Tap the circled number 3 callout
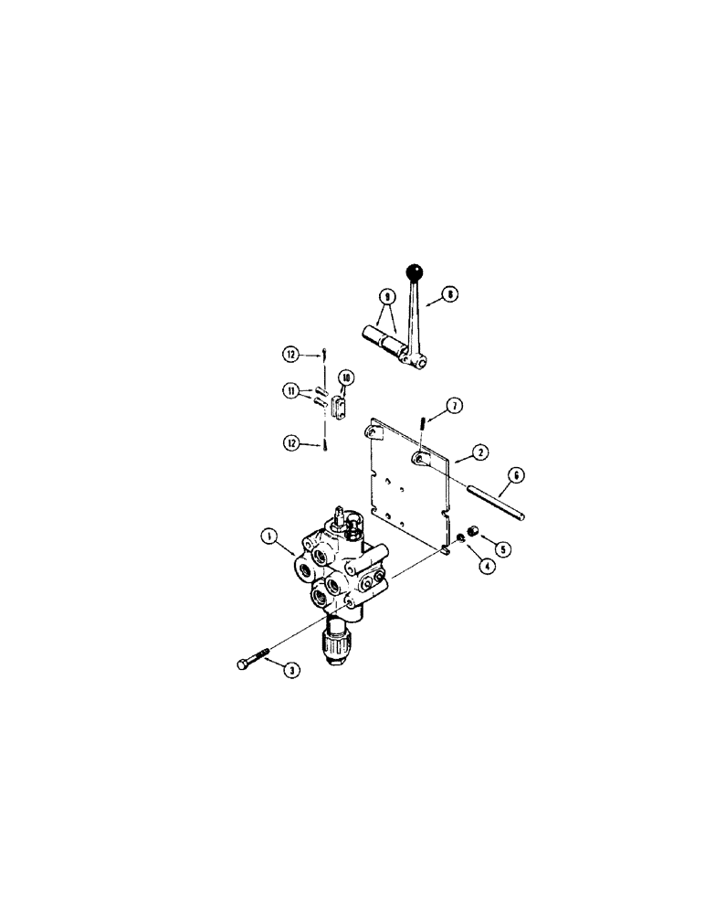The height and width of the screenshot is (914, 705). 290,672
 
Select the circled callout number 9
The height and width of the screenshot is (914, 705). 386,296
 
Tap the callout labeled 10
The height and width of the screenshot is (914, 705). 346,377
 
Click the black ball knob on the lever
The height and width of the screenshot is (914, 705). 416,272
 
